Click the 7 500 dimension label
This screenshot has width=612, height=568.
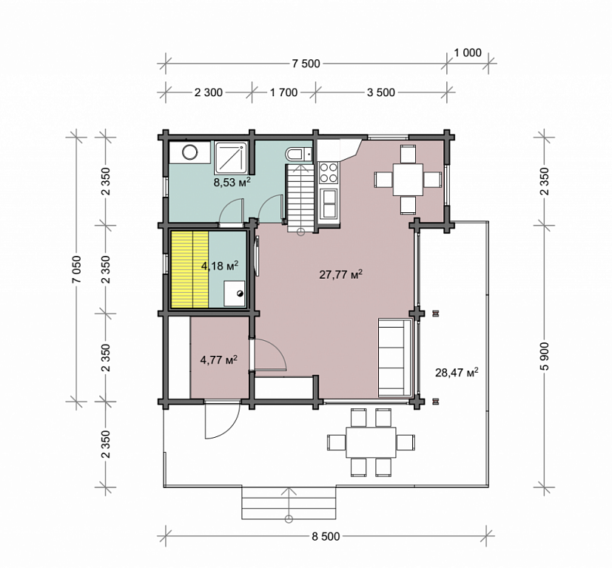[306, 64]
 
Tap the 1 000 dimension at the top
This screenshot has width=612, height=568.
[468, 53]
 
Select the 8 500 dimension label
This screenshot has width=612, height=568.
[326, 536]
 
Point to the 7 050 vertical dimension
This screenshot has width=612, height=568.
[76, 269]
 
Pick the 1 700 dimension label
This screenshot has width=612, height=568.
[283, 93]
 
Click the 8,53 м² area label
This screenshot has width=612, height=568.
[232, 182]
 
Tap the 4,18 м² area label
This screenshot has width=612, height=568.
[220, 266]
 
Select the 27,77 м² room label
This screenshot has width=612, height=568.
[340, 274]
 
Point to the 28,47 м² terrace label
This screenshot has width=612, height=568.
[457, 373]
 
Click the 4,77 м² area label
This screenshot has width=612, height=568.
[219, 359]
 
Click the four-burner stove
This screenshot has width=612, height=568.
[329, 173]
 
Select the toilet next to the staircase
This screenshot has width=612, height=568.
[299, 154]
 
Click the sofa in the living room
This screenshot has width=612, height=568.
[395, 358]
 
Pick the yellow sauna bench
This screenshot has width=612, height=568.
[189, 269]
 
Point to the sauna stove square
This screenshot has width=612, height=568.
[234, 294]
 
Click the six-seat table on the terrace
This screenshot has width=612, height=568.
[371, 442]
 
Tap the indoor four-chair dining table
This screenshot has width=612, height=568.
[408, 180]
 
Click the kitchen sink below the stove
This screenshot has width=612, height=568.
[329, 203]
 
